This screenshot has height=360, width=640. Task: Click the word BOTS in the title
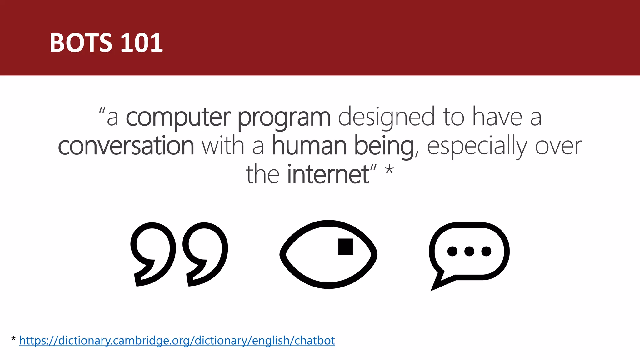81,43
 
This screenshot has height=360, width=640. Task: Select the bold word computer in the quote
178,117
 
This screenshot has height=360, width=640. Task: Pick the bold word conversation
126,146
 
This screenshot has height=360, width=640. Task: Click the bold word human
309,146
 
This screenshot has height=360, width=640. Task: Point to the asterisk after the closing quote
389,171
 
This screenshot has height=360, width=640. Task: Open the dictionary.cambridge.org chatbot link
177,340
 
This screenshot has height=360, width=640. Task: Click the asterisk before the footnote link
13,339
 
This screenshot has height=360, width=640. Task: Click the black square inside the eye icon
345,247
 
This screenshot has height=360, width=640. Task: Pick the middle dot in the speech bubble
469,251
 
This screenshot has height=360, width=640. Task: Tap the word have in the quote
497,117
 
